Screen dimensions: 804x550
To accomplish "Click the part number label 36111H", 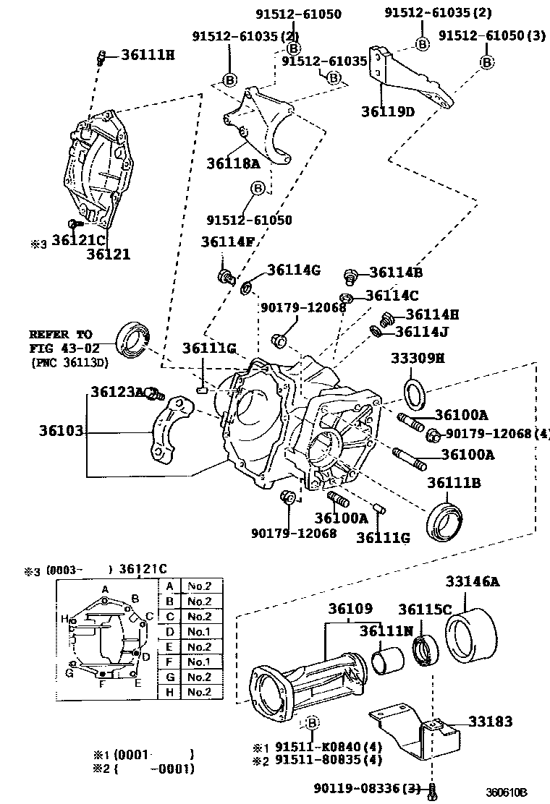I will [x=148, y=55].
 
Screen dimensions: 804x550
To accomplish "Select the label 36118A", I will [x=233, y=163].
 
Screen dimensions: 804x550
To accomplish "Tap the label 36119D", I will [x=389, y=111].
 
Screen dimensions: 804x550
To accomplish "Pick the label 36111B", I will [x=453, y=482].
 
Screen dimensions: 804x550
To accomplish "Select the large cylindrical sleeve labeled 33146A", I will [x=470, y=633].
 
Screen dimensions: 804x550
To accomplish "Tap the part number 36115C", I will [x=426, y=610].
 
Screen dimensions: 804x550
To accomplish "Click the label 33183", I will [x=490, y=721].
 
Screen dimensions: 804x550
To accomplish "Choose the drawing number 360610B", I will [x=507, y=792].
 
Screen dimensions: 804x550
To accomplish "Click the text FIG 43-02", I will [x=60, y=349].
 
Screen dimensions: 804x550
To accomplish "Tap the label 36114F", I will [x=227, y=242].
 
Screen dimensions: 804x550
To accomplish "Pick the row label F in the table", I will [x=169, y=662].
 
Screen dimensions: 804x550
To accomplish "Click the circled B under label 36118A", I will [x=258, y=189].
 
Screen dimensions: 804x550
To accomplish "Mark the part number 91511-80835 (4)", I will [x=321, y=760].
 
